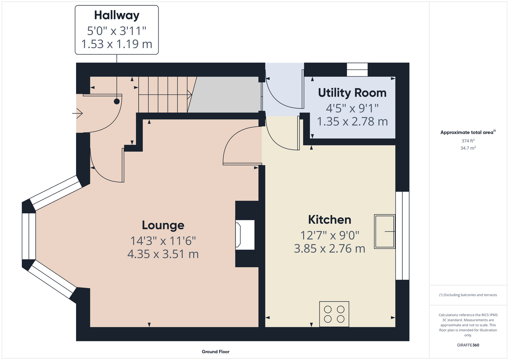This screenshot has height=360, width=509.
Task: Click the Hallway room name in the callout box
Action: click(117, 16)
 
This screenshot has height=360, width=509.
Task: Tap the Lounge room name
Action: click(163, 225)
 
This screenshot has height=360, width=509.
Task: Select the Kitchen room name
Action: click(330, 220)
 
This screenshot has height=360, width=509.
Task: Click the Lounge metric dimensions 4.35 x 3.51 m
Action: click(163, 254)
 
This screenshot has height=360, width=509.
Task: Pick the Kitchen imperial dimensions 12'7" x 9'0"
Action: click(330, 235)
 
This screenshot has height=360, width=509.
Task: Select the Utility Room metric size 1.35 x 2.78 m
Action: click(352, 122)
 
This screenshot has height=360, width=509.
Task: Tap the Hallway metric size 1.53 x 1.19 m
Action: click(117, 44)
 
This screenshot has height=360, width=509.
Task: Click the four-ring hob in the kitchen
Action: click(334, 314)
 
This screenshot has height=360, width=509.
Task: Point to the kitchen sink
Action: click(384, 231)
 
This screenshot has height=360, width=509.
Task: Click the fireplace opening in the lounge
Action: click(245, 235)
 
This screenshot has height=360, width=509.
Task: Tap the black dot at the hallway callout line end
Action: click(117, 102)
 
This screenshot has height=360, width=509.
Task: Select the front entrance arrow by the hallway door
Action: click(77, 113)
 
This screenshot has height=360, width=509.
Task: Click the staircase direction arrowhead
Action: click(190, 94)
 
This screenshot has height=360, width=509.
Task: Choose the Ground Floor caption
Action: click(216, 352)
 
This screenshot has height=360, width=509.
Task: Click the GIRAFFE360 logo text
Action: click(468, 345)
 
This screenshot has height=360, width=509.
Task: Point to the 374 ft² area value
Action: click(468, 141)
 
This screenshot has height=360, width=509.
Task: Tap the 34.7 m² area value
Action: click(468, 148)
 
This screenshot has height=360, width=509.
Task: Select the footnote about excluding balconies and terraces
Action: click(468, 295)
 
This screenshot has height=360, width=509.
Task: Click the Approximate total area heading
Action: click(468, 132)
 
